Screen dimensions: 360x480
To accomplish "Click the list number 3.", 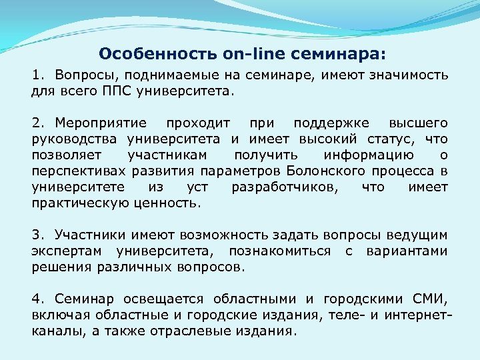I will click(x=37, y=235).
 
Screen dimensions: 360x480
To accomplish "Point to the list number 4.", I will click(x=37, y=299).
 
